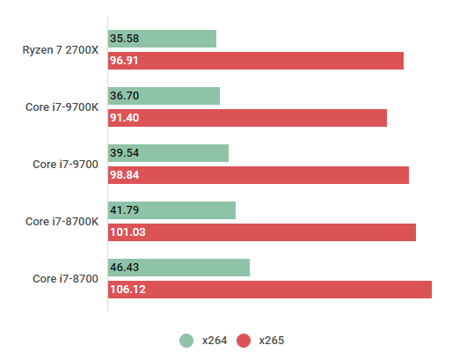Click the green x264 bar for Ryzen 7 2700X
162,39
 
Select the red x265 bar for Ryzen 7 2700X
255,61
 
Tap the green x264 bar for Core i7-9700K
164,96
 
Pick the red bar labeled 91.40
247,118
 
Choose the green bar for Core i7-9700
168,153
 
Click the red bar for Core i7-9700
259,175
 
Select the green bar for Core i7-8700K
171,210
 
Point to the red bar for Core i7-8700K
261,232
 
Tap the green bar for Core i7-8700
179,268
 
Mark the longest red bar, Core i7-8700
269,290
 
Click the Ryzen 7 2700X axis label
60,50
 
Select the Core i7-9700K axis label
62,107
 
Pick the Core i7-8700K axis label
62,222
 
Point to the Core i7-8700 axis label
66,279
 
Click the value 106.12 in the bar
128,290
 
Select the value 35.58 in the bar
125,39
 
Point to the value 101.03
128,232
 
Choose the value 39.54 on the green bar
125,153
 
